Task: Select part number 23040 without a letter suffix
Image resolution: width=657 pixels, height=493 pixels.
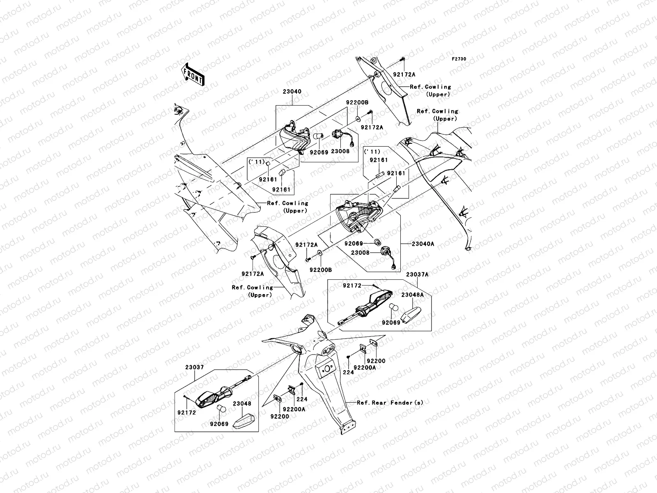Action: point(292,92)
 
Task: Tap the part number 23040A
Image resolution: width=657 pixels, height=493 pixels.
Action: point(423,244)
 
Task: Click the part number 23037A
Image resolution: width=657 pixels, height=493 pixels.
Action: point(417,274)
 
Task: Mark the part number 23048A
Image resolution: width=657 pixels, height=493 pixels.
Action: point(412,295)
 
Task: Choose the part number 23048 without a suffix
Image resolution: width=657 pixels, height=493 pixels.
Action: point(242,404)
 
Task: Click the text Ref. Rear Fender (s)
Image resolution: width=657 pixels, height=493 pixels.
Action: point(390,403)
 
